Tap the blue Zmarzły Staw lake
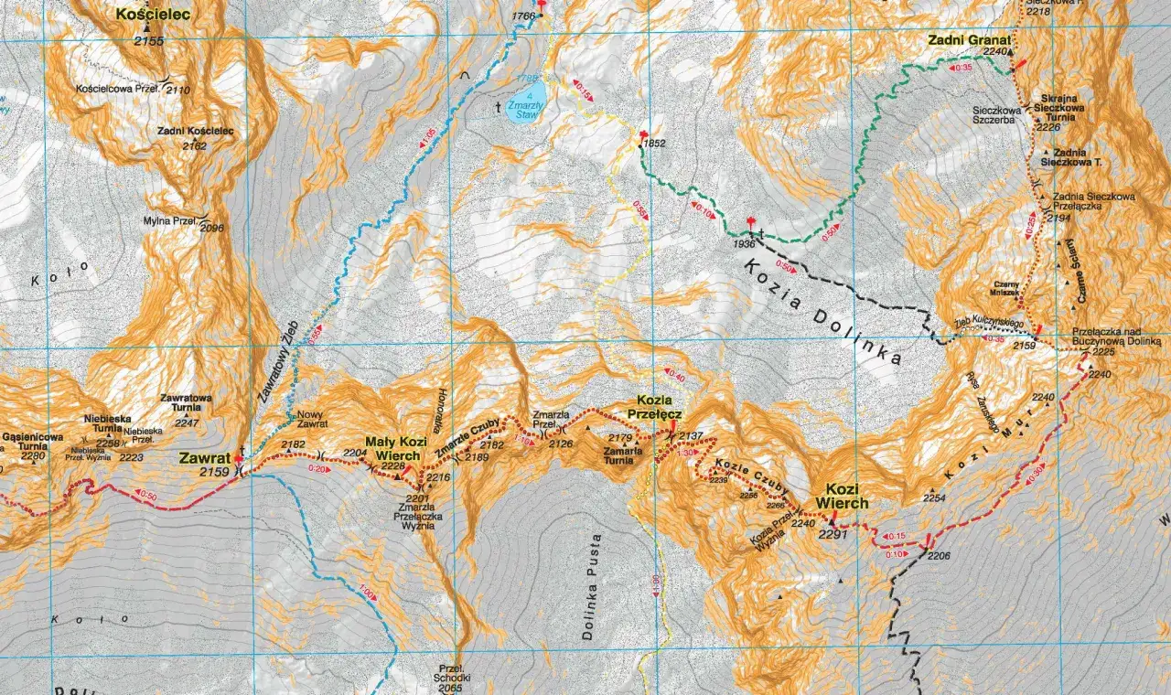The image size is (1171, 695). pyautogui.click(x=529, y=95)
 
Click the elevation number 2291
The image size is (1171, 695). pyautogui.click(x=833, y=534)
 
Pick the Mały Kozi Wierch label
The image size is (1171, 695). pyautogui.click(x=392, y=449)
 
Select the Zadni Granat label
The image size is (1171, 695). pyautogui.click(x=969, y=40)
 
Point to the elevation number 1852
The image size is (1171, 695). pyautogui.click(x=654, y=144)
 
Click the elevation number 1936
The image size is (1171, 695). pyautogui.click(x=743, y=244)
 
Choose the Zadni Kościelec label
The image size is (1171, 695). pyautogui.click(x=195, y=132)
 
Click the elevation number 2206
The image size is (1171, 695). pyautogui.click(x=939, y=555)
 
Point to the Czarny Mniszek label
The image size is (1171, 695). pyautogui.click(x=1005, y=288)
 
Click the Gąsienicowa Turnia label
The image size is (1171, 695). pyautogui.click(x=33, y=443)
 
